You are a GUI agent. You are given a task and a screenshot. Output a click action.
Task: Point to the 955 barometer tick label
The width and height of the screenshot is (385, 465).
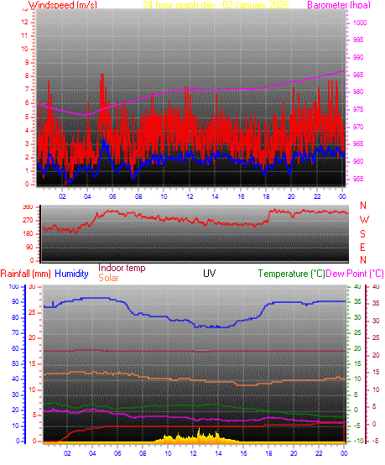359,180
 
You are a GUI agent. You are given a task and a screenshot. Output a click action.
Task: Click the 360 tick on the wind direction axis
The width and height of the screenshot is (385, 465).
27,206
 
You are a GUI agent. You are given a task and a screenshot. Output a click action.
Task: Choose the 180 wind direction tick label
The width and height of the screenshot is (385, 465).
27,233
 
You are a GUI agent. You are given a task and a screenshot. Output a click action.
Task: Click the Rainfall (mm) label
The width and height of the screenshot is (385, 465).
26,274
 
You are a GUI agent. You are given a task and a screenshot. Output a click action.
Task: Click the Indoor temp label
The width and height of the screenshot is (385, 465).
122,269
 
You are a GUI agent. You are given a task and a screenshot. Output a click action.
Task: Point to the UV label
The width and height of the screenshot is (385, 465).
209,274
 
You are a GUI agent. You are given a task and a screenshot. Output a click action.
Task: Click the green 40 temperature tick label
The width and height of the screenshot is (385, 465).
356,287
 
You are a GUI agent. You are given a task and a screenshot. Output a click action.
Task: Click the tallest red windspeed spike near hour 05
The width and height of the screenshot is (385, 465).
101,76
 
